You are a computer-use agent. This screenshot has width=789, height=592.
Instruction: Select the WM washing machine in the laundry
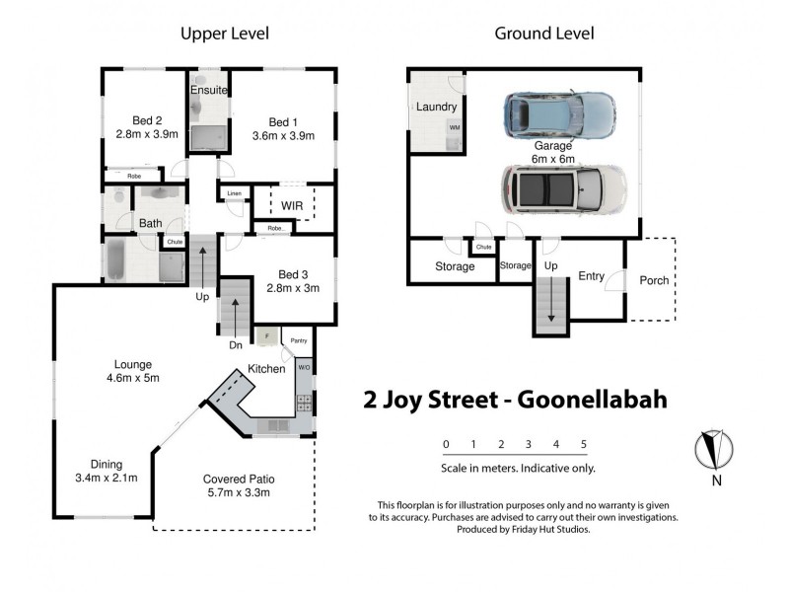pyautogui.click(x=455, y=128)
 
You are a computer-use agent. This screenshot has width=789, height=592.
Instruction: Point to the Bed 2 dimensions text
pyautogui.click(x=146, y=135)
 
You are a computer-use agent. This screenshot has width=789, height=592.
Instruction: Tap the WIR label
pyautogui.click(x=292, y=205)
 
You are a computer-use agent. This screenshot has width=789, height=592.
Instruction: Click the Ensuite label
pyautogui.click(x=209, y=90)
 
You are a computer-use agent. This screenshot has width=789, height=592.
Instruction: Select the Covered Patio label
pyautogui.click(x=238, y=479)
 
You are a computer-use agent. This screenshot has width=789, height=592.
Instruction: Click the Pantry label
pyautogui.click(x=299, y=341)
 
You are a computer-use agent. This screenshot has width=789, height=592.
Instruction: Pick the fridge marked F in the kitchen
pyautogui.click(x=265, y=337)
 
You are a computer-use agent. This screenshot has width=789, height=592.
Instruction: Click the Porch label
pyautogui.click(x=654, y=280)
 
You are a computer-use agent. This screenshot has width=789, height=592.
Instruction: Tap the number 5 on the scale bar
pyautogui.click(x=584, y=444)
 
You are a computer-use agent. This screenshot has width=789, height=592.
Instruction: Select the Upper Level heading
pyautogui.click(x=224, y=34)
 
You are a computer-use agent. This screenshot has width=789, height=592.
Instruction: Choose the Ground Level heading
pyautogui.click(x=543, y=34)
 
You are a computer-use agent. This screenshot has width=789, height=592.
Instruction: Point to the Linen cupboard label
pyautogui.click(x=233, y=194)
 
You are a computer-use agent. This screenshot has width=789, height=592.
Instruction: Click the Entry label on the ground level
pyautogui.click(x=592, y=277)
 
